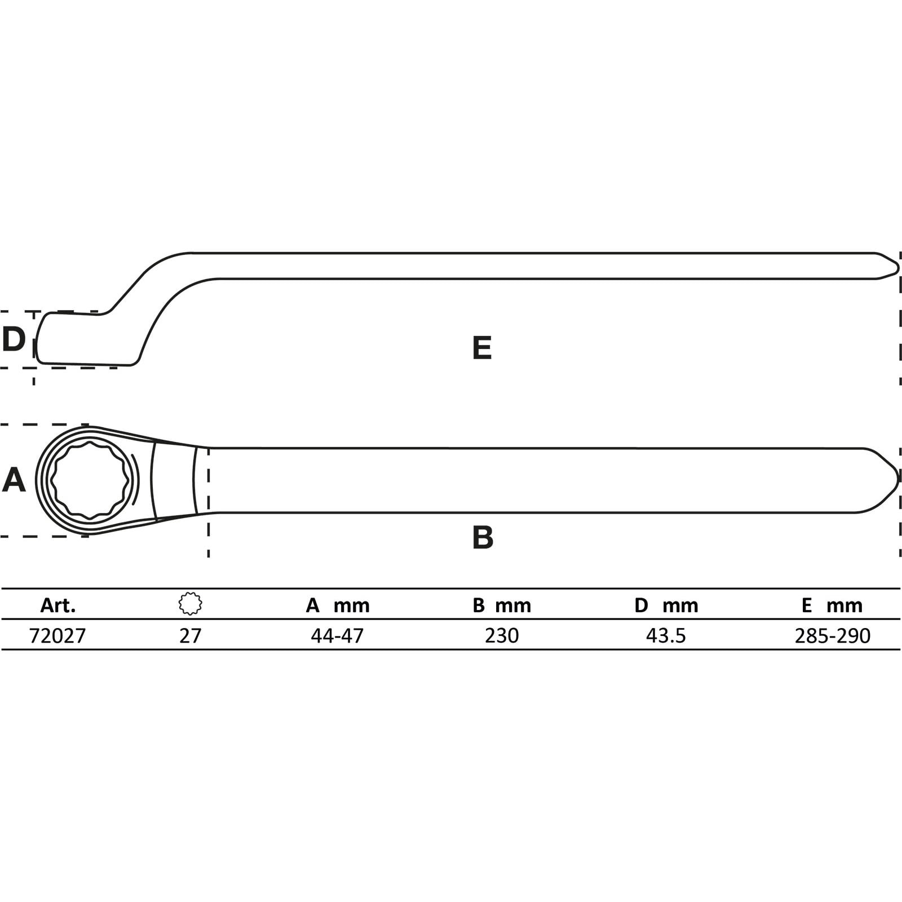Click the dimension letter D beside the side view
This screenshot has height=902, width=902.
(14, 339)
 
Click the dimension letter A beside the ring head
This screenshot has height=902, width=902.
(14, 480)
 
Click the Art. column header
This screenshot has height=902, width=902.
(58, 605)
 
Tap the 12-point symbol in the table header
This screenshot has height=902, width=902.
(191, 604)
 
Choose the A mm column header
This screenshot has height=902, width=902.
(338, 605)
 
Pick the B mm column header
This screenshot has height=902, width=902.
(502, 605)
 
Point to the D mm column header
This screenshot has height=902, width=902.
(666, 605)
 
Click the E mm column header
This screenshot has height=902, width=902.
(832, 605)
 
